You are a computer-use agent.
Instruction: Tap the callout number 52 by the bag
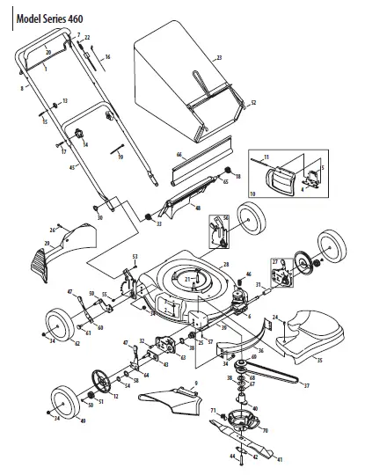tap(252, 103)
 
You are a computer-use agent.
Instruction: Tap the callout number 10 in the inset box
tap(253, 193)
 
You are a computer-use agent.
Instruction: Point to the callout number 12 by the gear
tap(116, 396)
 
